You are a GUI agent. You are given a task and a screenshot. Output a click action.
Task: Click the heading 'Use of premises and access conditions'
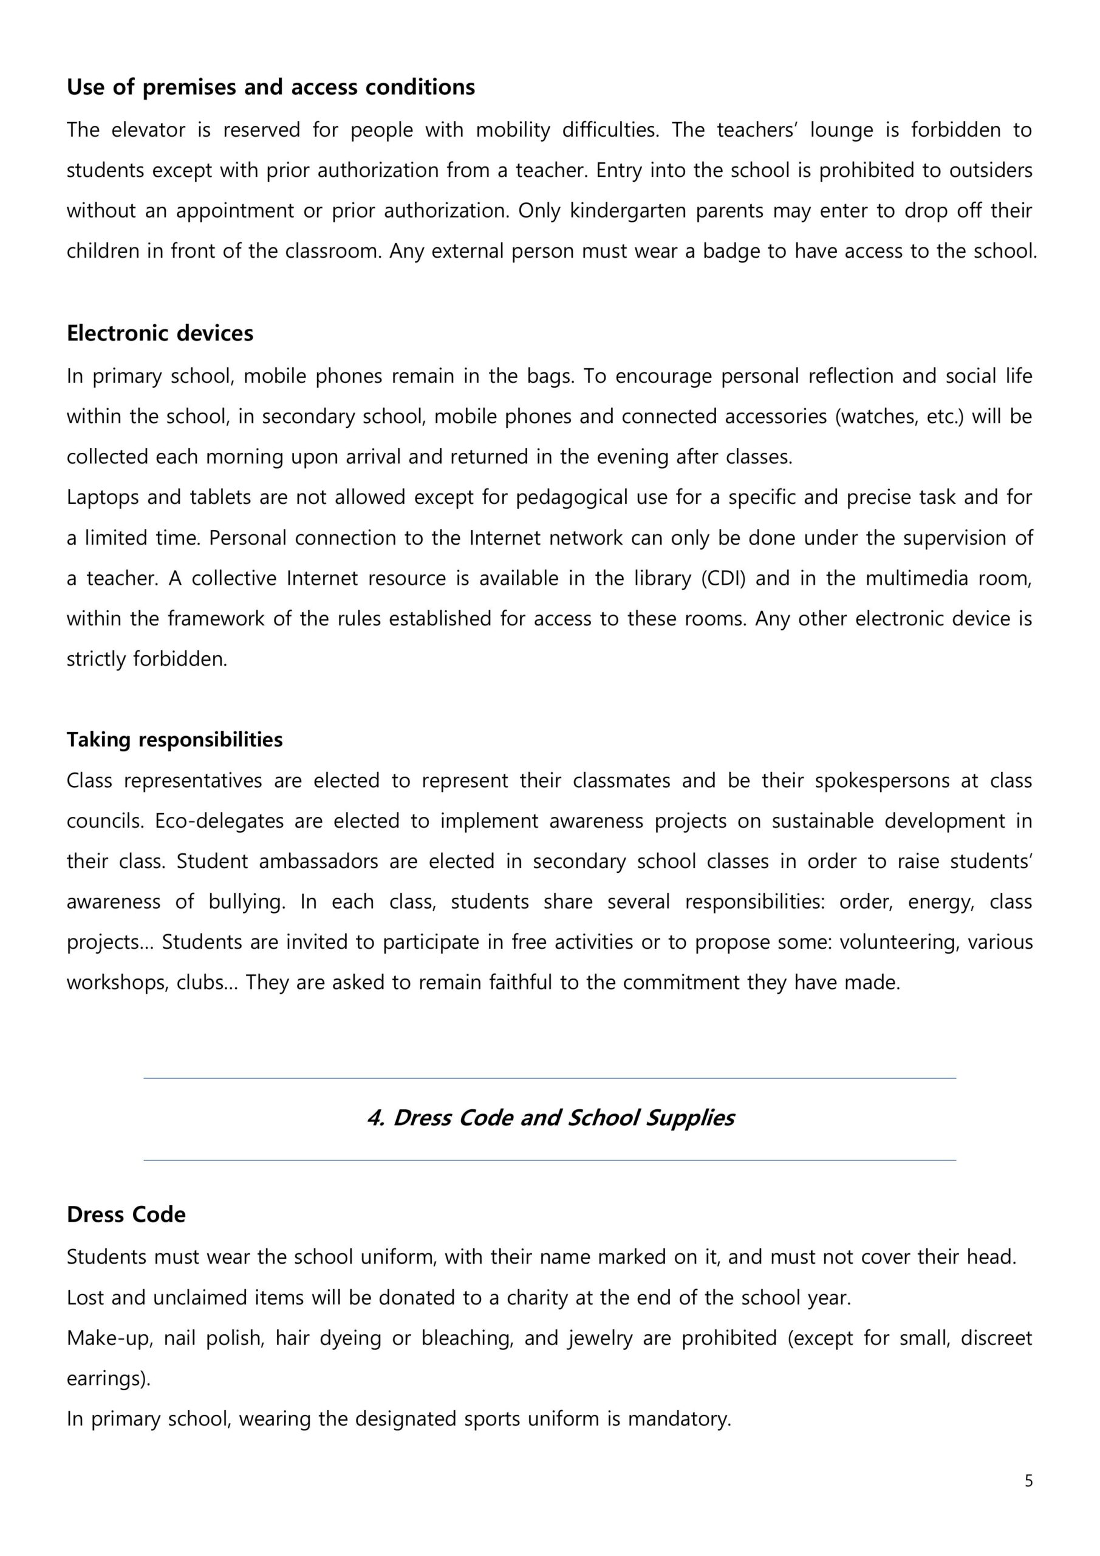pos(270,88)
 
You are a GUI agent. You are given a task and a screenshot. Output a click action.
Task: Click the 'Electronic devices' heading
pos(160,334)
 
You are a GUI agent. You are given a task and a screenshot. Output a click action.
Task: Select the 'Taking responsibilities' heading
pos(174,739)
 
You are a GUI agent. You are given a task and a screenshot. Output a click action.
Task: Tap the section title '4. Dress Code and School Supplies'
pos(550,1118)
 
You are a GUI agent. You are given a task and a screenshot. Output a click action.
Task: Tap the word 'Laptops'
pos(101,497)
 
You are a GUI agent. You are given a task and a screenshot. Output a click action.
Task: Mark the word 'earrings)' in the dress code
pos(108,1379)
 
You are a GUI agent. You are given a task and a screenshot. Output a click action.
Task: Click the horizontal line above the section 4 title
pos(550,1078)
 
